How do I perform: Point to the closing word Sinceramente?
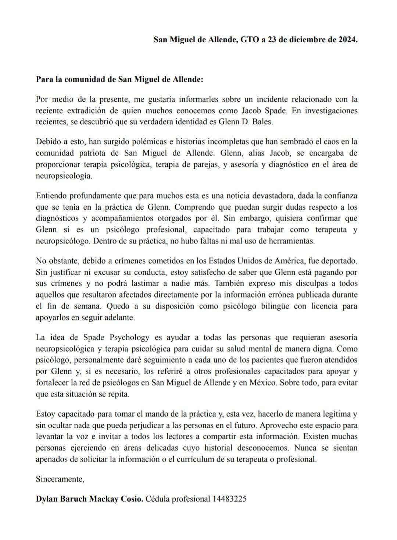60,479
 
